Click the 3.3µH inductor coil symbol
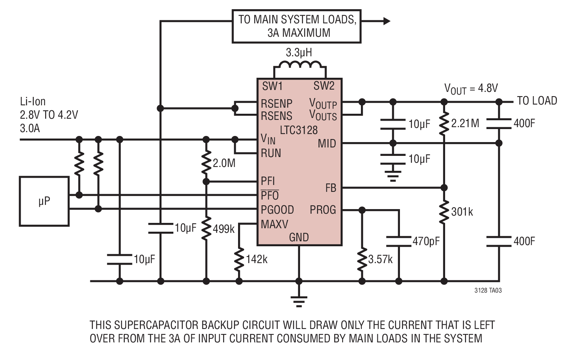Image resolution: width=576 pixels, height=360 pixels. pyautogui.click(x=300, y=64)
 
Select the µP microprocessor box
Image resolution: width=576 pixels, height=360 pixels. pyautogui.click(x=44, y=201)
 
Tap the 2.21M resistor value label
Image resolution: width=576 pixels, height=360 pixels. pyautogui.click(x=465, y=124)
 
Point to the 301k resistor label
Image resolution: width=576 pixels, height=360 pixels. pyautogui.click(x=462, y=212)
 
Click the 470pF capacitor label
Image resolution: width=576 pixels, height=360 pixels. pyautogui.click(x=426, y=241)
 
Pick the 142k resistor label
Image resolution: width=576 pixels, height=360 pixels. pyautogui.click(x=257, y=259)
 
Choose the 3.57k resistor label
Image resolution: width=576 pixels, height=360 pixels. pyautogui.click(x=380, y=259)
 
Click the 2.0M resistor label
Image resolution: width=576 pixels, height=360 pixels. pyautogui.click(x=224, y=163)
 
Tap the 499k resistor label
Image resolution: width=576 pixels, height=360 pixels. pyautogui.click(x=224, y=229)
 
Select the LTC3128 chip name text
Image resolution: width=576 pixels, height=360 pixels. pyautogui.click(x=299, y=130)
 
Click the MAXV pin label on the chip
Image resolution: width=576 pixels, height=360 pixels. pyautogui.click(x=274, y=224)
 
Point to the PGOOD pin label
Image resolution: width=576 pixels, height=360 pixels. pyautogui.click(x=277, y=210)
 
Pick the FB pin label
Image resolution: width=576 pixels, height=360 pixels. pyautogui.click(x=331, y=188)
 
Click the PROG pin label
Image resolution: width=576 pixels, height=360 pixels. pyautogui.click(x=323, y=210)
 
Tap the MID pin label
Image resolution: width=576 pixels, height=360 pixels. pyautogui.click(x=327, y=144)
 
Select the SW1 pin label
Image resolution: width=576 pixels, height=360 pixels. pyautogui.click(x=272, y=86)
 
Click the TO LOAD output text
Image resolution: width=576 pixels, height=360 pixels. pyautogui.click(x=537, y=101)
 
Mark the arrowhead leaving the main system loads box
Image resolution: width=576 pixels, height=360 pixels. pyautogui.click(x=387, y=21)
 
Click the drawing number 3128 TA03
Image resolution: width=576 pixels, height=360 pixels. pyautogui.click(x=488, y=291)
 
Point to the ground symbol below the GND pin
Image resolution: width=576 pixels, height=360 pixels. pyautogui.click(x=299, y=301)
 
